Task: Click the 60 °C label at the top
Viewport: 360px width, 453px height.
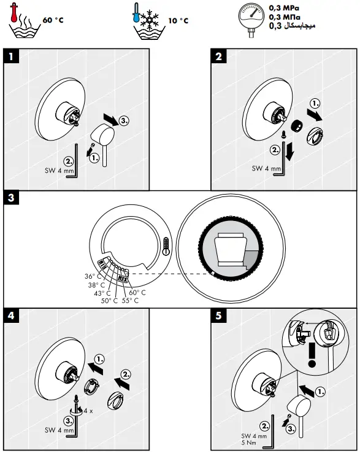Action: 53,20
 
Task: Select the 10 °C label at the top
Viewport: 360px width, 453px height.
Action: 178,20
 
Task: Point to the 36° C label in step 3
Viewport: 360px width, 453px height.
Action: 94,276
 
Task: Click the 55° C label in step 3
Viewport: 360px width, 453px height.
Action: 131,300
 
